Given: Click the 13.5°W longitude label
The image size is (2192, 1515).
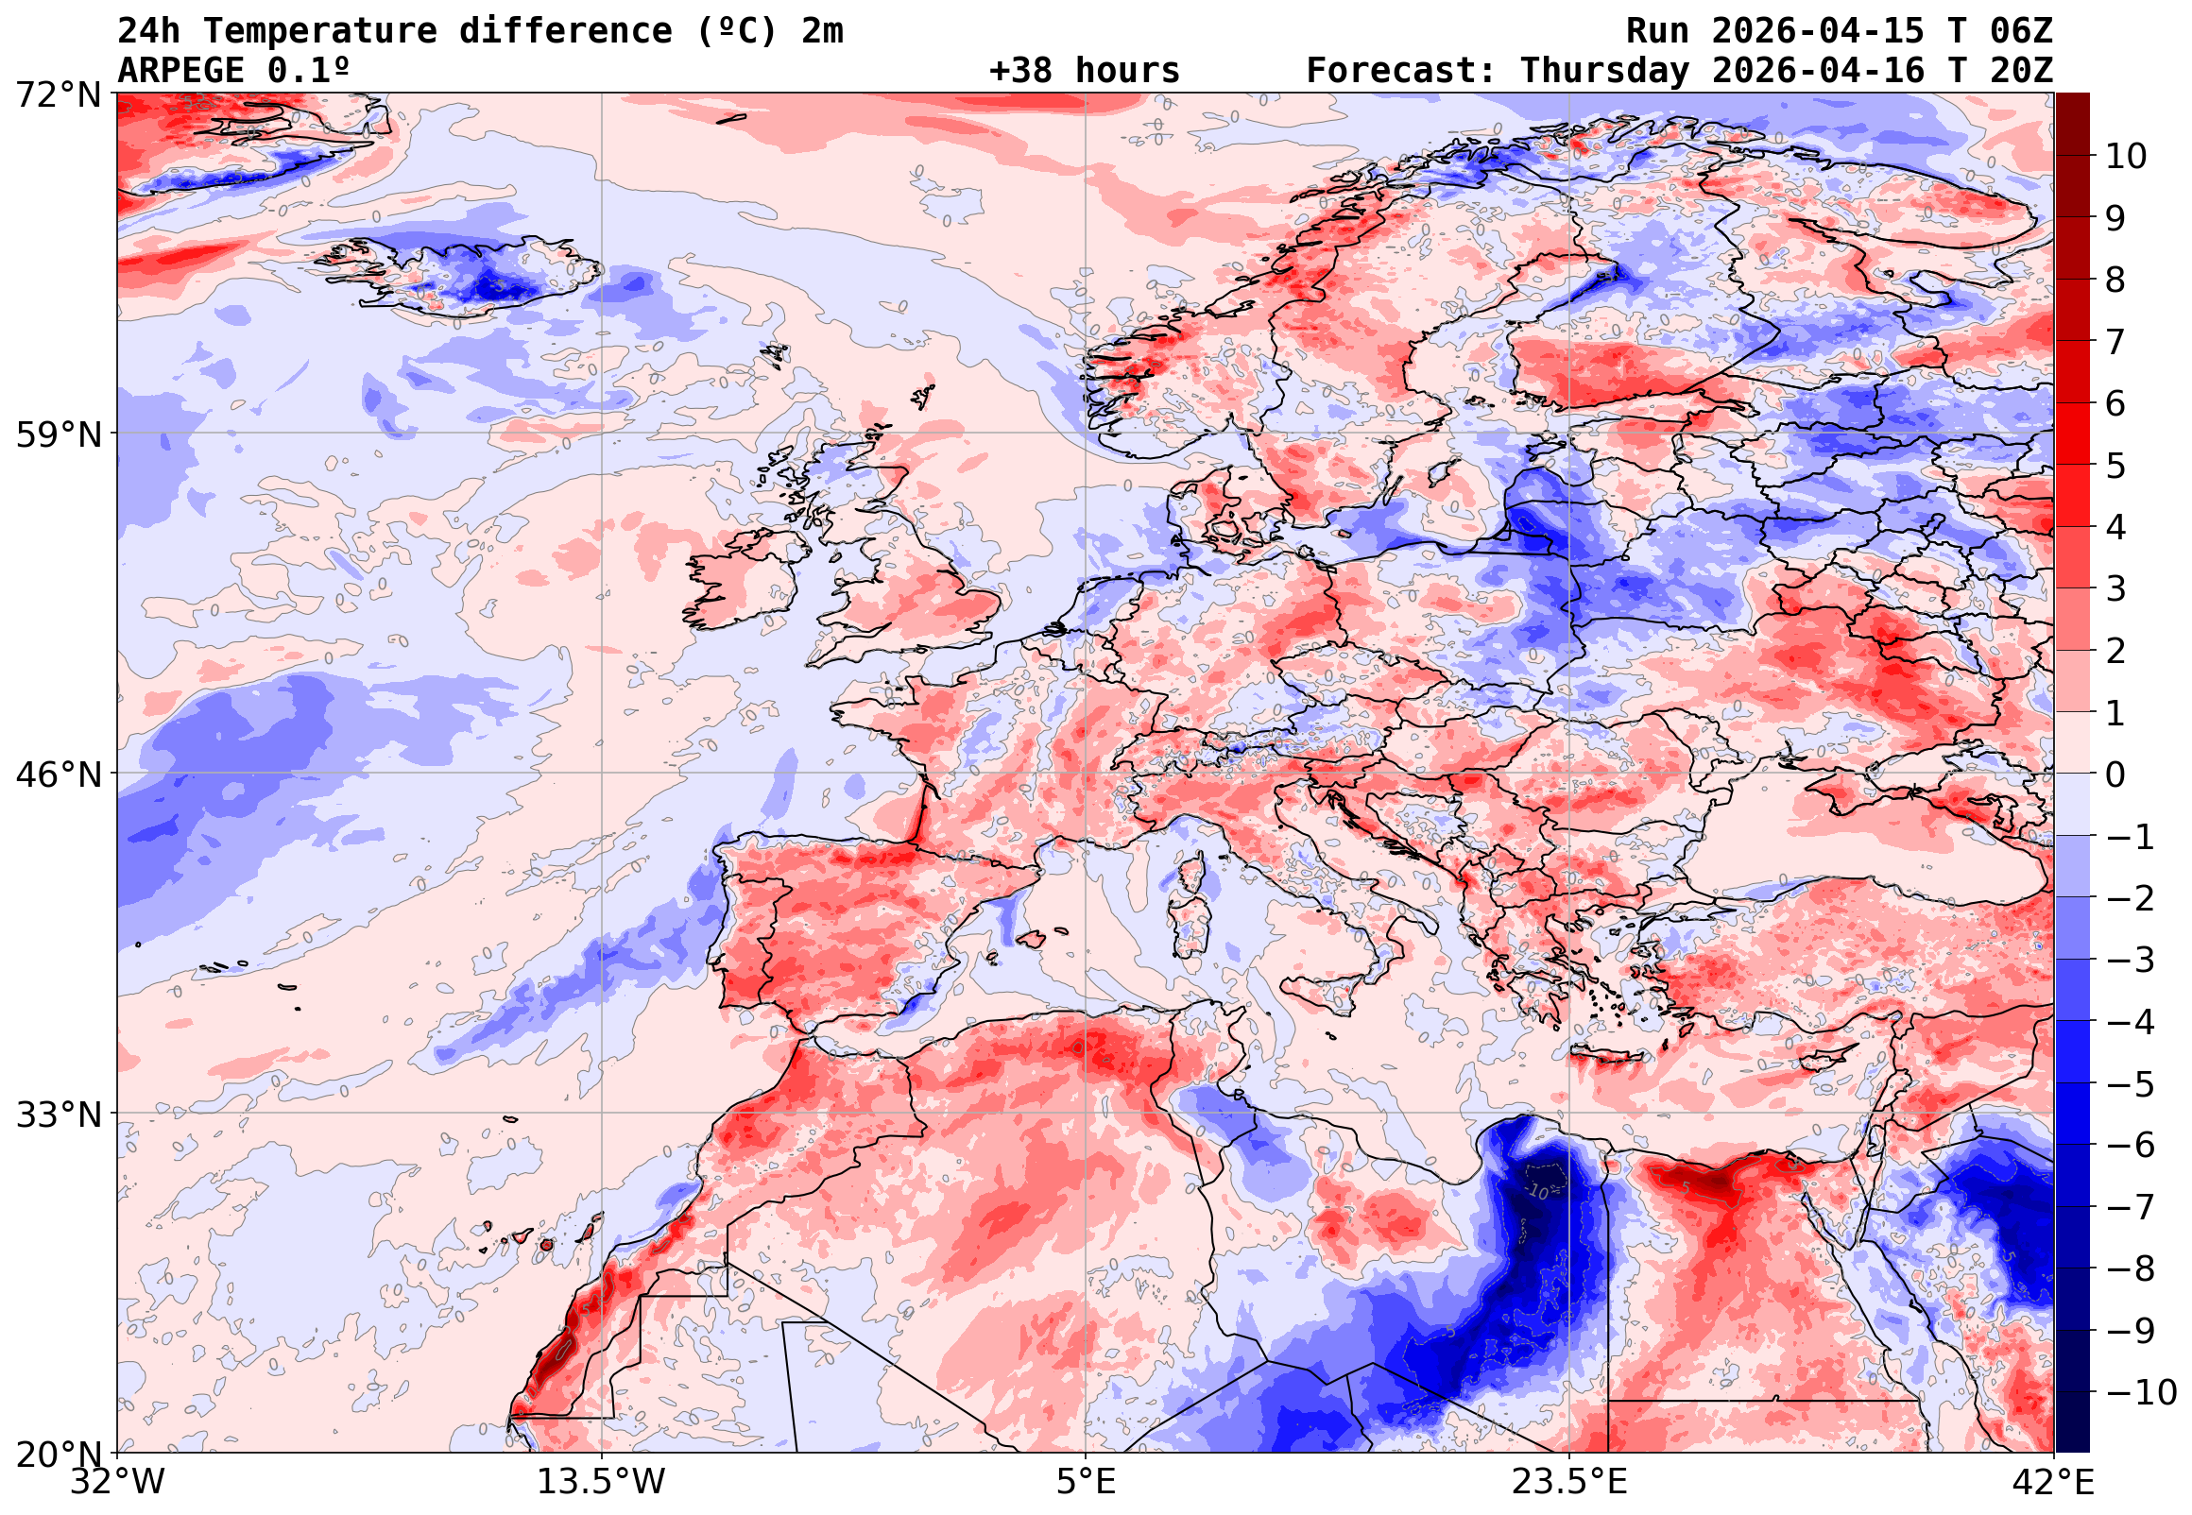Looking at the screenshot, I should point(602,1482).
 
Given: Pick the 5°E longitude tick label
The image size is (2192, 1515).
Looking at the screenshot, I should point(1086,1482).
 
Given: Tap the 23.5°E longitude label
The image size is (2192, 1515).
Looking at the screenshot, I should point(1569,1482).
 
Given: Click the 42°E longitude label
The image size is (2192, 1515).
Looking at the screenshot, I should point(2053,1482).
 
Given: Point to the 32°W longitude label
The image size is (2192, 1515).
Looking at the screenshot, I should point(118,1482).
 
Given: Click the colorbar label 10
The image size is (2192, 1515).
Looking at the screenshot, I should point(2126,157).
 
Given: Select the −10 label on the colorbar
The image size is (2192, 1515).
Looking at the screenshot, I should point(2141,1392).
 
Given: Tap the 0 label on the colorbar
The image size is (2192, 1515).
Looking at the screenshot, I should point(2115,775).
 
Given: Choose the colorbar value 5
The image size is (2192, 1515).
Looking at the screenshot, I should point(2115,466).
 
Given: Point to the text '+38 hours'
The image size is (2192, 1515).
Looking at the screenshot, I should point(1084,71).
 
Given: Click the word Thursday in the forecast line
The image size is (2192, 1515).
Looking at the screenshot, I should point(1604,71).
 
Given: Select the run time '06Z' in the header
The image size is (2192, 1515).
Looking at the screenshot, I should point(2021,31).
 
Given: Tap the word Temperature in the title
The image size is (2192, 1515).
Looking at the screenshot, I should point(320,31).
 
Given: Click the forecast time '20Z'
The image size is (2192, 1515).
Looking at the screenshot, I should point(2021,71).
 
